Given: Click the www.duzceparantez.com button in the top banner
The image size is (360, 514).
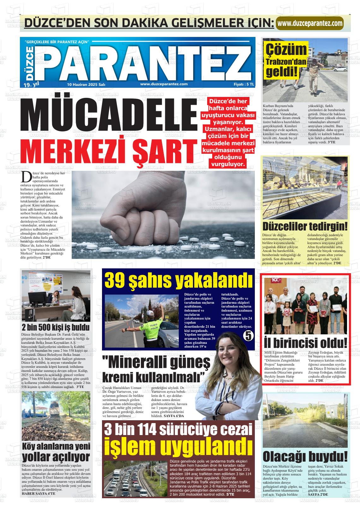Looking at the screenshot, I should point(309,23).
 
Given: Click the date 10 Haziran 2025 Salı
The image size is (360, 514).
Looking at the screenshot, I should point(86,84).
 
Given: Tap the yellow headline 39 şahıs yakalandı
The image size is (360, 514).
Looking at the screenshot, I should point(178,280).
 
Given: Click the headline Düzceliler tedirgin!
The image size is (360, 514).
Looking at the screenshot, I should point(305,226).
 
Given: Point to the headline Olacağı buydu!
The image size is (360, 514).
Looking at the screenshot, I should point(305,457).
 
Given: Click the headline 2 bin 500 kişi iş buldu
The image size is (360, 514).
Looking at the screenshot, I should point(56,327).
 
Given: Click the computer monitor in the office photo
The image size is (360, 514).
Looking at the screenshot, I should point(37,298).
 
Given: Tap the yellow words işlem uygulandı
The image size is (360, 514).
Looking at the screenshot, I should point(178,447).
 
